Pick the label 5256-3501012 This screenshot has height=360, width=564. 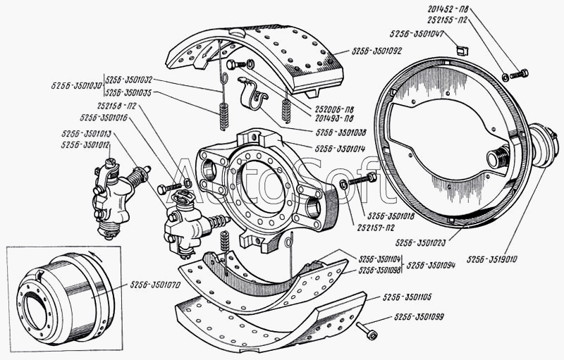(85, 144)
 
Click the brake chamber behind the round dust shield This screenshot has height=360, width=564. (542, 146)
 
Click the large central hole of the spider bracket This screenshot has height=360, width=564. (265, 185)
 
